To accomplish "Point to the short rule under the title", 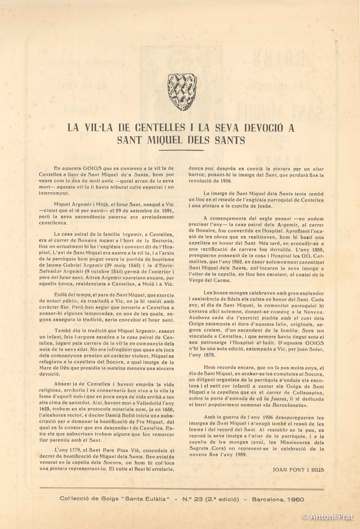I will coord(180,151).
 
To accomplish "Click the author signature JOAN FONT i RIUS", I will coord(298,470).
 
